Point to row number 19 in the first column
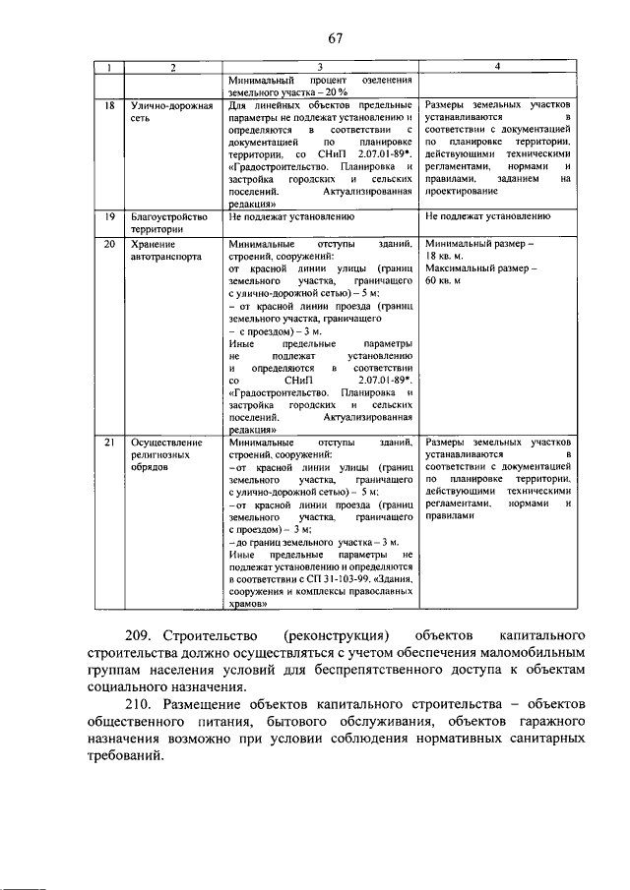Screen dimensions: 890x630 pos(110,214)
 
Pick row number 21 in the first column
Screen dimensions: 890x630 pos(110,444)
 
